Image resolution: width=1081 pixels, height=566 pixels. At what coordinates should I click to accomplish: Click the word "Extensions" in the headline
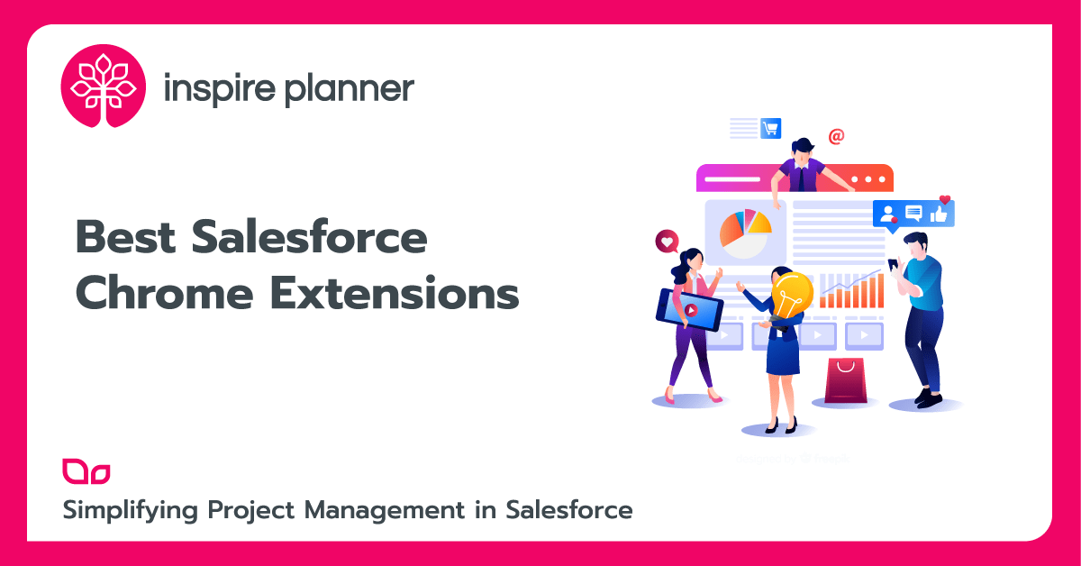(395, 295)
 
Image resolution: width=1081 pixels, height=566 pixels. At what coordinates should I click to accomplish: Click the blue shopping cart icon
(770, 128)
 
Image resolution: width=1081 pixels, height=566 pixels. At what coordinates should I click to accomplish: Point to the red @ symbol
(836, 136)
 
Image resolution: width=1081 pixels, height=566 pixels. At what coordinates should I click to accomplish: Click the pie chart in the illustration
(744, 230)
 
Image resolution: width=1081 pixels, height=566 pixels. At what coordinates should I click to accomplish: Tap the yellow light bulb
(791, 295)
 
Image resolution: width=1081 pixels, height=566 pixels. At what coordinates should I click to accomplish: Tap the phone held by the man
(893, 265)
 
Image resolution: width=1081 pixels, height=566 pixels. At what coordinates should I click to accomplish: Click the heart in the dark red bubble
(666, 242)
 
